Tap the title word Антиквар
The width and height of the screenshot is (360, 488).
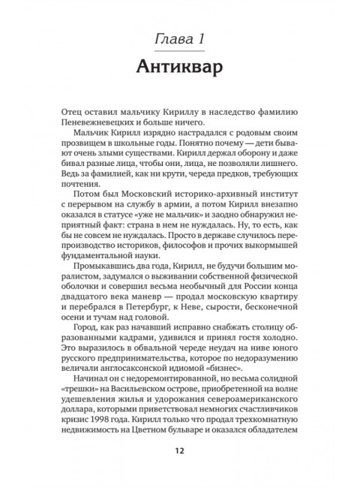(179, 68)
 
